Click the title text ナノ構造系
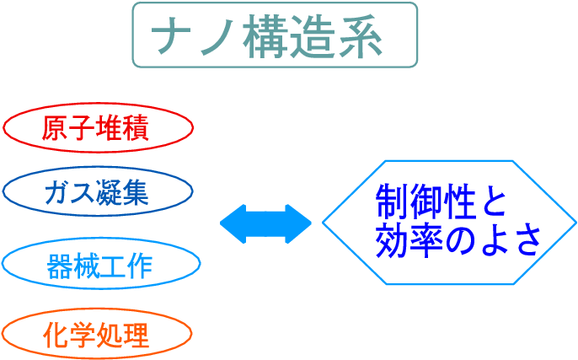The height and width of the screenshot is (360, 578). pyautogui.click(x=275, y=36)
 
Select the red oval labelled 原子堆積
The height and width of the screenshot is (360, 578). pyautogui.click(x=99, y=129)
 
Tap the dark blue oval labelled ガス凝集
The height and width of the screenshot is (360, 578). pyautogui.click(x=99, y=193)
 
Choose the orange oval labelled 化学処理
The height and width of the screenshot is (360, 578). pyautogui.click(x=99, y=335)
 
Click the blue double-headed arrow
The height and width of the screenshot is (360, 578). pyautogui.click(x=265, y=223)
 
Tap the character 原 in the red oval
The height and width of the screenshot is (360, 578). pyautogui.click(x=55, y=129)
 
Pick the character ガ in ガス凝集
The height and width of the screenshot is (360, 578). pyautogui.click(x=56, y=194)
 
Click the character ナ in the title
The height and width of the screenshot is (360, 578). pyautogui.click(x=168, y=36)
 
